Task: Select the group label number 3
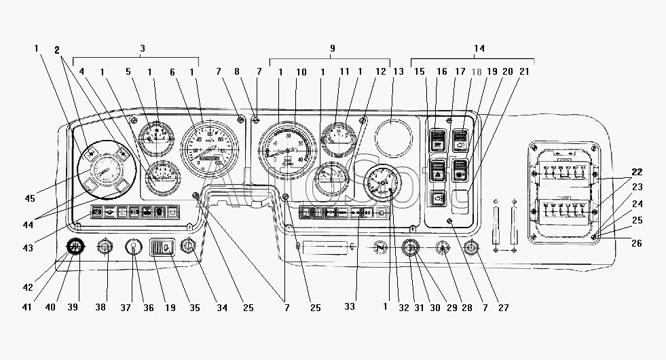click(143, 48)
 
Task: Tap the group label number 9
click(332, 48)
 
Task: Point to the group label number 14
click(479, 48)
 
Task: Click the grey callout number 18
click(475, 71)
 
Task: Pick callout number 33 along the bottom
click(349, 307)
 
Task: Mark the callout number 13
click(398, 71)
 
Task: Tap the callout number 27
click(504, 307)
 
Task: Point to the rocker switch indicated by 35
click(163, 248)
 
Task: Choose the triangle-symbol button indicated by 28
click(442, 249)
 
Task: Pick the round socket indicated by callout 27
click(471, 249)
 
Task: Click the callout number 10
click(301, 71)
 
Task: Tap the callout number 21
click(524, 71)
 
